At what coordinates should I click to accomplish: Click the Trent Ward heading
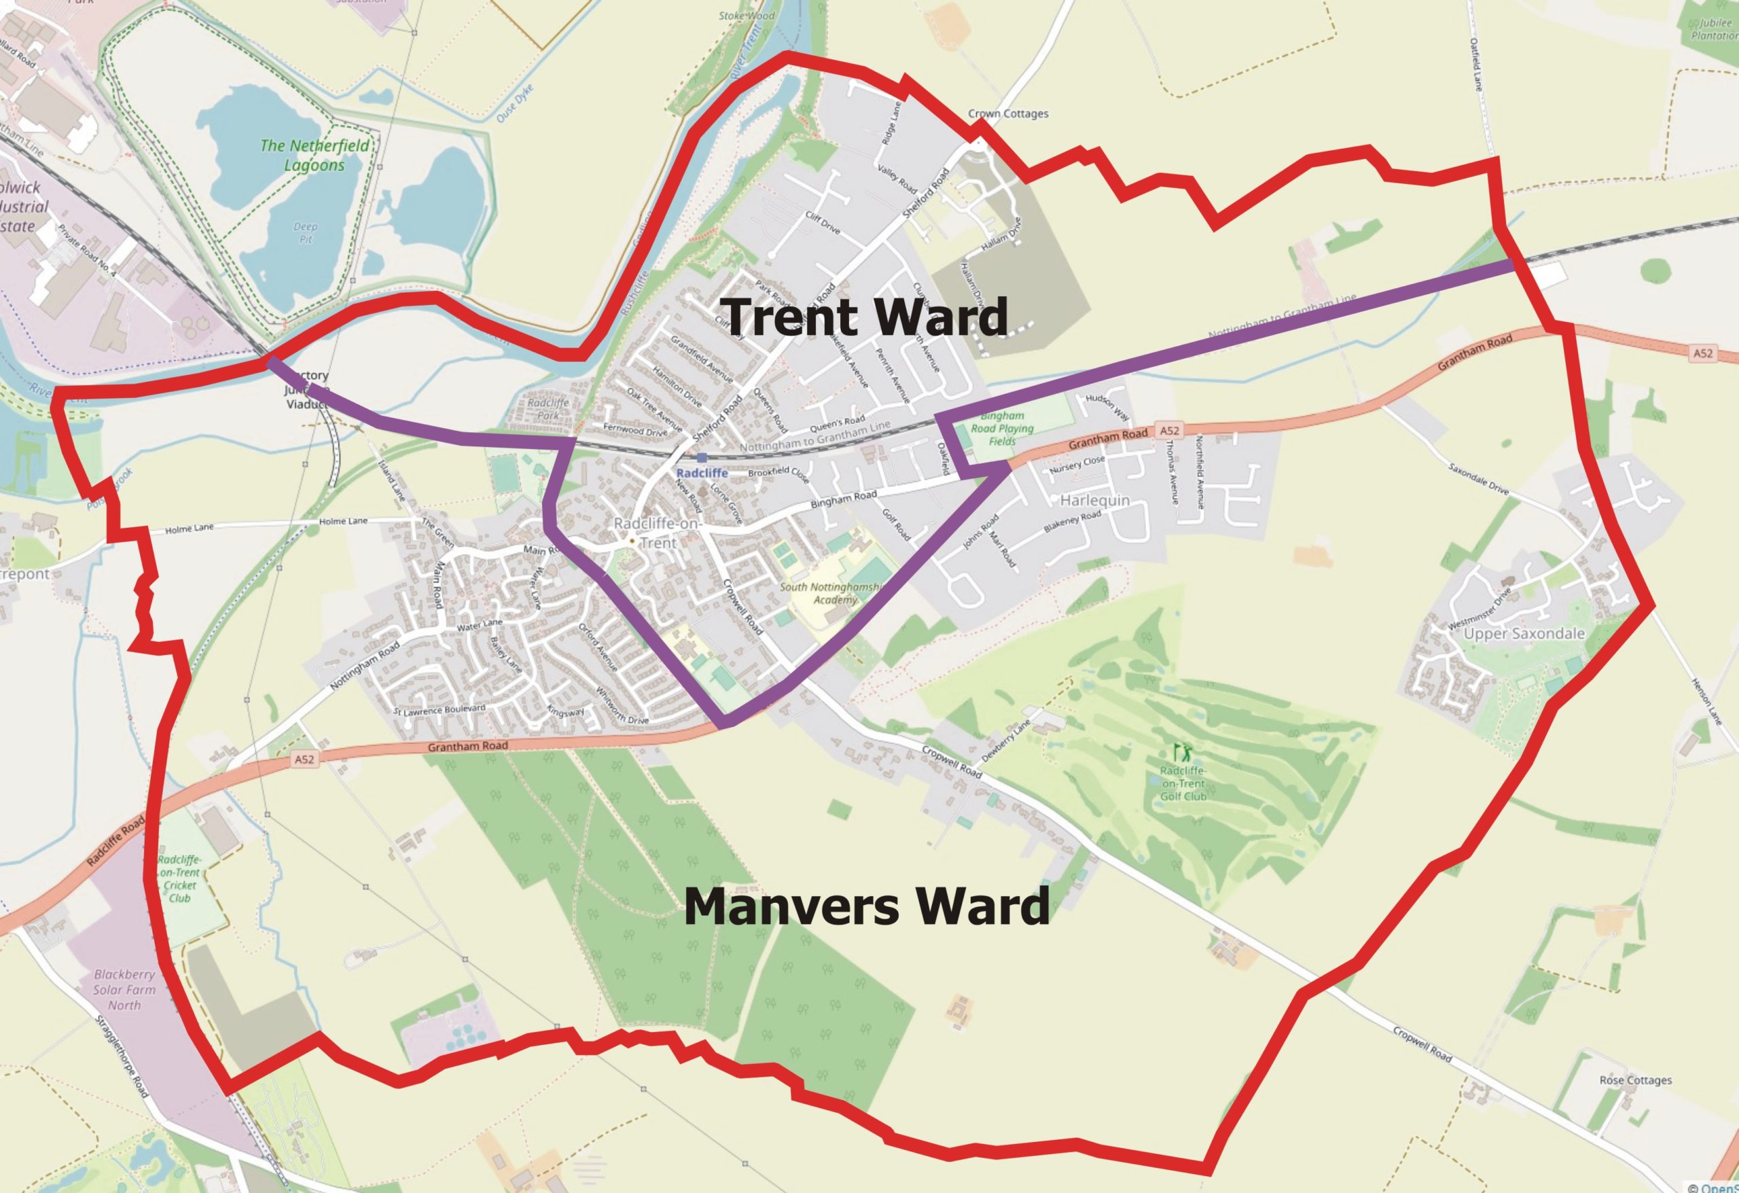867,317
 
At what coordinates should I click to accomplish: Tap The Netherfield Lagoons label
315,155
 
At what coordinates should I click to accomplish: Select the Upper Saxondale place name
1524,634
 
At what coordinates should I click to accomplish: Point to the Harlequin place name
1095,500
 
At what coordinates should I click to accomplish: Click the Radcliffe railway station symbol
701,457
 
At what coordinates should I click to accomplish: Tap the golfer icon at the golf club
1182,751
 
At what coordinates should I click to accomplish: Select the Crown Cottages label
1008,113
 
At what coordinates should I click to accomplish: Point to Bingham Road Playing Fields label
1002,429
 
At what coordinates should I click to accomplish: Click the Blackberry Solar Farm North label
124,989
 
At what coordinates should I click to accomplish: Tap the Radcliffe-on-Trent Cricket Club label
179,879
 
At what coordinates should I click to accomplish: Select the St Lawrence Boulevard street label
440,709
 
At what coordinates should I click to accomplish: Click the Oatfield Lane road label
1475,65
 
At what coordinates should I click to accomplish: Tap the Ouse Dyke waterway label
515,103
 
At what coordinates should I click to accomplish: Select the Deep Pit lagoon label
305,233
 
